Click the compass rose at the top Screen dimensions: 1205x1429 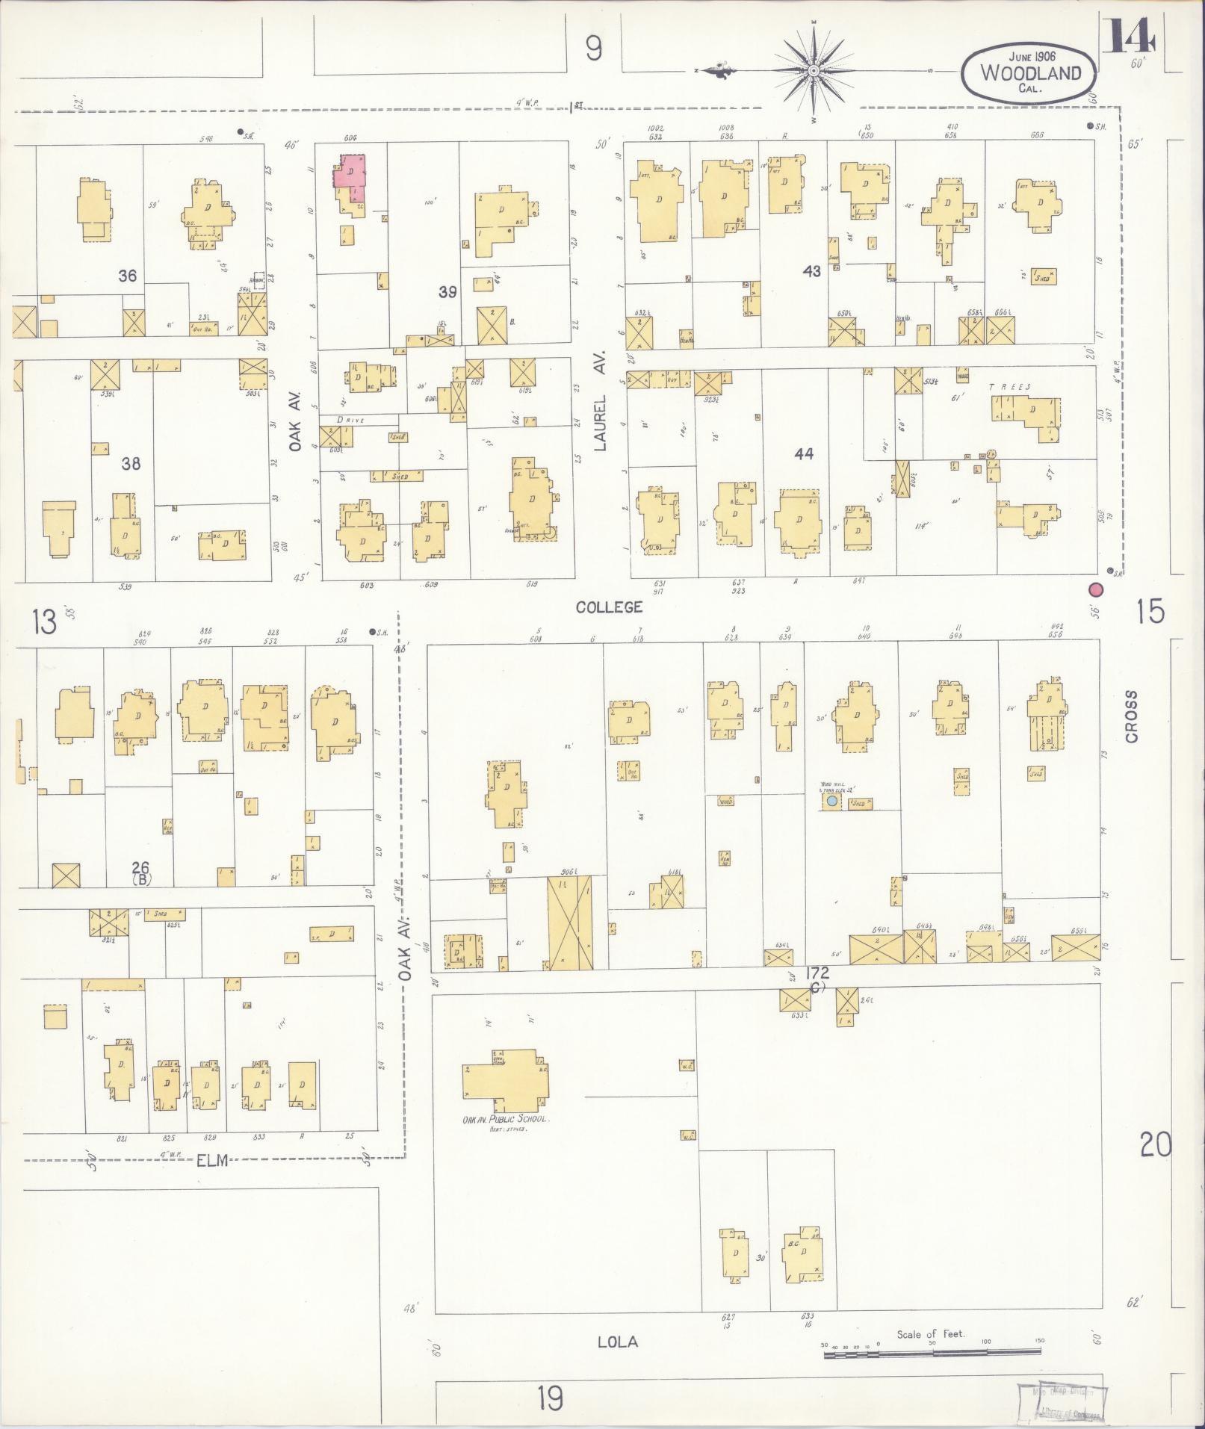813,72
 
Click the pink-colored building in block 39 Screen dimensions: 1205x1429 349,173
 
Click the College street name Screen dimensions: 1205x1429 609,607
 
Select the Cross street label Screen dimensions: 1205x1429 1131,717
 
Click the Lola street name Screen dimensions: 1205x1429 618,1342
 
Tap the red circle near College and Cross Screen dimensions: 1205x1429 1097,589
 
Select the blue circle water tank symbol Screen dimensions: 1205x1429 831,802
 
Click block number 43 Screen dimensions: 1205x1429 811,271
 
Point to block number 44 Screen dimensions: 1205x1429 804,453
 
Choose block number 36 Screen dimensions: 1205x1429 128,276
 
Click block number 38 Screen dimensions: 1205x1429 131,463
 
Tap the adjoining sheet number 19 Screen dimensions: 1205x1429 550,1397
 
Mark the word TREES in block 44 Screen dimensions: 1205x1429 1009,387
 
